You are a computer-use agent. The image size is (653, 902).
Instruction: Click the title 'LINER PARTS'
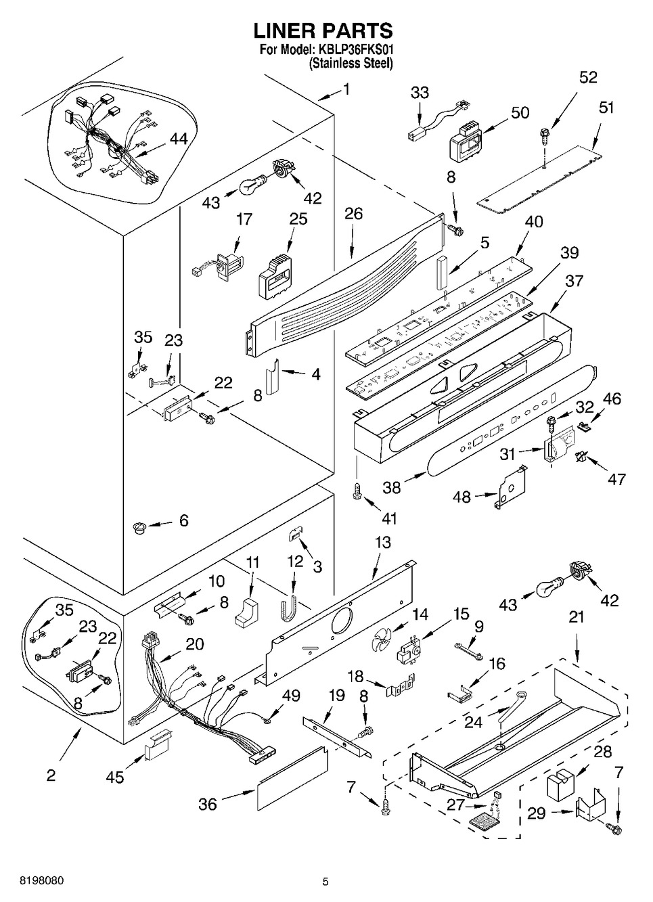click(x=323, y=30)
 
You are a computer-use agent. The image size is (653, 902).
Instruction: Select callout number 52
click(x=588, y=77)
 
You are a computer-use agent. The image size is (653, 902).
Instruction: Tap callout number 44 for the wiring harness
click(x=179, y=139)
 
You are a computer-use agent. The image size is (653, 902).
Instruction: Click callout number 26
click(x=353, y=214)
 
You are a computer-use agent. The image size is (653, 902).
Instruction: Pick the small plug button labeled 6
click(x=139, y=527)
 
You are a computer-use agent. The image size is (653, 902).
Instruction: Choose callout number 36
click(x=207, y=804)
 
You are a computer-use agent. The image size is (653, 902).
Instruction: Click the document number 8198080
click(x=33, y=881)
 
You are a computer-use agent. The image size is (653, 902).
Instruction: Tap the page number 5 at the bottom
click(x=325, y=882)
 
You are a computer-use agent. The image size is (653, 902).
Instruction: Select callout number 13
click(x=382, y=541)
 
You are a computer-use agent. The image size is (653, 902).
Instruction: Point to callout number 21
click(x=576, y=618)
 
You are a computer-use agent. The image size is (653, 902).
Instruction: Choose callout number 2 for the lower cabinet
click(x=51, y=775)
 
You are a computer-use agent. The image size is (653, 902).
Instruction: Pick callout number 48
click(x=461, y=497)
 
